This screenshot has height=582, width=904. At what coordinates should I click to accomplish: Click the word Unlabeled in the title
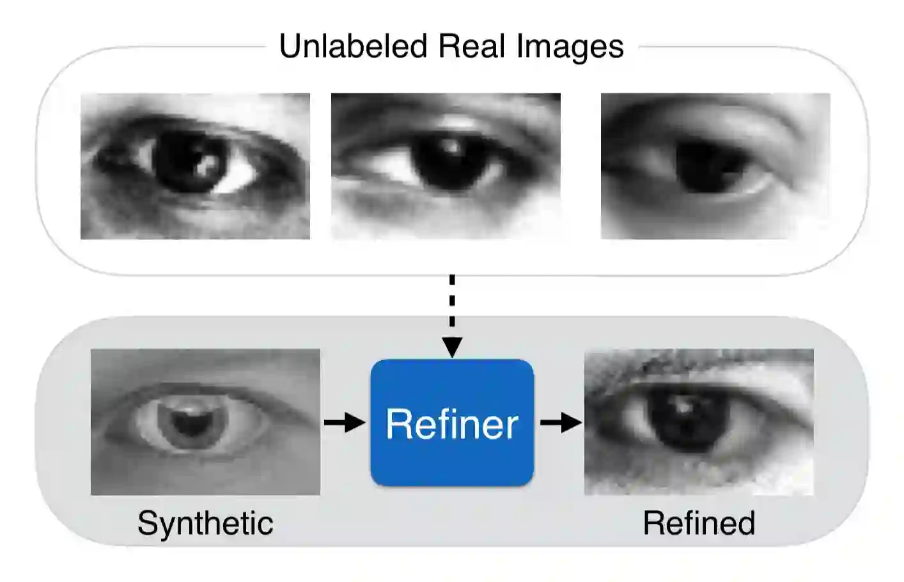tap(353, 47)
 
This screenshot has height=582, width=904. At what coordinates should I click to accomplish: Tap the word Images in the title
tap(570, 47)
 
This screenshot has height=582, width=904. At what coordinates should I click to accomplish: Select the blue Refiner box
tap(452, 423)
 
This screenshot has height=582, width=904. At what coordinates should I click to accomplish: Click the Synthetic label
tap(205, 523)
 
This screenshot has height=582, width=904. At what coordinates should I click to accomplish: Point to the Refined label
tap(699, 523)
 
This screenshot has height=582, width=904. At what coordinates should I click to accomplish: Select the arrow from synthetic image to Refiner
tap(345, 422)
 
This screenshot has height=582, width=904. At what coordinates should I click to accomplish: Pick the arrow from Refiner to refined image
tap(561, 422)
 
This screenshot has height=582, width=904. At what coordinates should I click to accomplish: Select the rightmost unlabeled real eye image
tap(715, 166)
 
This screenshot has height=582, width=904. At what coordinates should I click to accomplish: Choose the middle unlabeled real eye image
tap(446, 166)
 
